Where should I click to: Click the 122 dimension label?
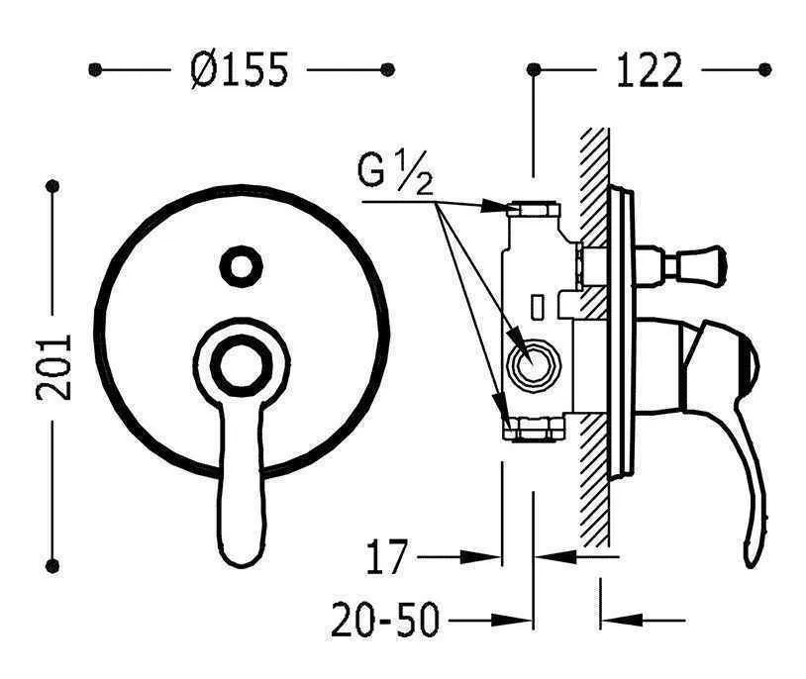tap(650, 70)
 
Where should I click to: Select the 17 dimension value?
tap(388, 558)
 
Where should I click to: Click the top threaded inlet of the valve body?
tap(533, 209)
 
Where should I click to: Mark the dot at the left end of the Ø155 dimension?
tap(95, 70)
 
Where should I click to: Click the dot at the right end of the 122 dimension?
tap(763, 70)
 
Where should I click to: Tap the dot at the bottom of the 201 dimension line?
tap(54, 566)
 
